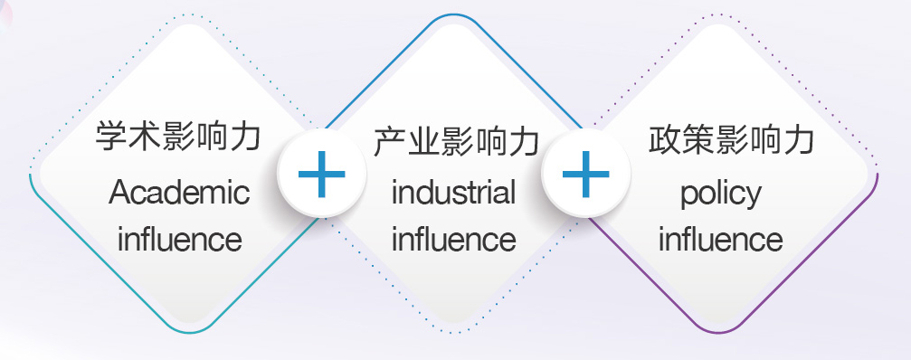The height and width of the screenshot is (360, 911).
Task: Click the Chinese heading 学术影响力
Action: point(178,136)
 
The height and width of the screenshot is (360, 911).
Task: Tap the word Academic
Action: point(179,192)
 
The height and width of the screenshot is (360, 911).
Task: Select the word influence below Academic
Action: point(179,239)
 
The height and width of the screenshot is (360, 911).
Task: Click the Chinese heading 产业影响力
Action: point(456,141)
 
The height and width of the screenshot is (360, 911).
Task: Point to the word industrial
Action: point(454,192)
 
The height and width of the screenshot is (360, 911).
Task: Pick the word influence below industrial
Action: point(454,239)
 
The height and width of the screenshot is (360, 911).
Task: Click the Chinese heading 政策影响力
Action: point(731,140)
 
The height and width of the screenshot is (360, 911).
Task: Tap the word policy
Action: point(721,194)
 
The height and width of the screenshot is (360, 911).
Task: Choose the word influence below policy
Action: point(721,239)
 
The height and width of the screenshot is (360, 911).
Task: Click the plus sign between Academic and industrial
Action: point(322,174)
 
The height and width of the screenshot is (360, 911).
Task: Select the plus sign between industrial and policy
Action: point(585,174)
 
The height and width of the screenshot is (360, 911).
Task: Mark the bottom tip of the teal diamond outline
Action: point(189,333)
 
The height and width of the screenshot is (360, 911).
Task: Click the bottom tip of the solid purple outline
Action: point(718,333)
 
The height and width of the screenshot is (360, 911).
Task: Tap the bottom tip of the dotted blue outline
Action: point(454,333)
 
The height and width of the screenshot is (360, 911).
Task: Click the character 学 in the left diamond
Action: point(111,136)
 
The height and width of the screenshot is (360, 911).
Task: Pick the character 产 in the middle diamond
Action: point(389,141)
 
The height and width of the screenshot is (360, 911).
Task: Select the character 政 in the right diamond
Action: point(664,140)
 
